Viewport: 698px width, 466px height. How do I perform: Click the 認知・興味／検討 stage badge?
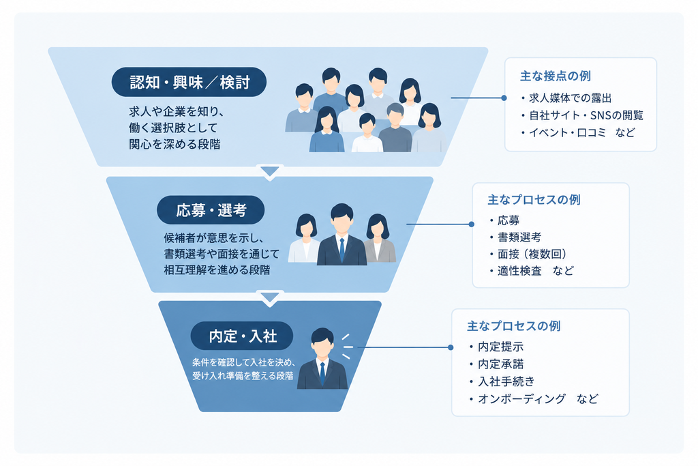pos(189,82)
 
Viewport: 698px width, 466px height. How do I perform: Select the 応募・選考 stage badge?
pos(211,210)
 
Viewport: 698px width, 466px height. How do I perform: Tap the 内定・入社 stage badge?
pos(242,336)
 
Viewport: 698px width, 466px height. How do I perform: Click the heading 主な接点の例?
pos(555,76)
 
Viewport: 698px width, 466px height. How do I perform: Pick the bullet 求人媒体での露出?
pos(566,98)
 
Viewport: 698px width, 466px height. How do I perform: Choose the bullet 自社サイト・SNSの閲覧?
pos(582,115)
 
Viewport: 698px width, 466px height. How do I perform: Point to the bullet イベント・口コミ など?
pos(578,133)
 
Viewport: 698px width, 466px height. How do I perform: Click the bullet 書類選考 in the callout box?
pos(515,237)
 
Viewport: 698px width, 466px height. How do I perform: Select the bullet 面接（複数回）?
pos(528,254)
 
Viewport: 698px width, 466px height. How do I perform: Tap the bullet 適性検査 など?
pos(532,270)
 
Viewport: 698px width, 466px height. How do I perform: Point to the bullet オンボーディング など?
pos(533,398)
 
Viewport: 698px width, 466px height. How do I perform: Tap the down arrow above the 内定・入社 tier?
pos(270,297)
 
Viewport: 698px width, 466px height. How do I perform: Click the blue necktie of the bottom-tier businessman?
pos(322,373)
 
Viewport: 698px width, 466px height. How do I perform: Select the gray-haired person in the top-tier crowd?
pos(395,128)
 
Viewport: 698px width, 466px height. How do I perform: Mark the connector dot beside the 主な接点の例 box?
pos(504,98)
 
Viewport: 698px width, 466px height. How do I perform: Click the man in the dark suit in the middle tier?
pos(342,235)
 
